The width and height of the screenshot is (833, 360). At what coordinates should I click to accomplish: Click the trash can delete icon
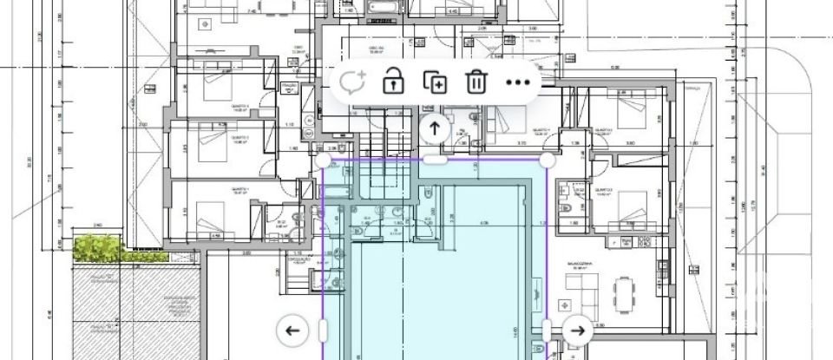[x=476, y=82]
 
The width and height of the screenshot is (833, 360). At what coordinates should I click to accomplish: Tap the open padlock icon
[x=394, y=82]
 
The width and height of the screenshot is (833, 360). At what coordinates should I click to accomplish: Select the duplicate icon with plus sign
[x=435, y=82]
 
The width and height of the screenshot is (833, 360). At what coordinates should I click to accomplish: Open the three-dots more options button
[x=517, y=82]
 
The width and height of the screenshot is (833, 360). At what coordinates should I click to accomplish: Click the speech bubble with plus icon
[x=351, y=82]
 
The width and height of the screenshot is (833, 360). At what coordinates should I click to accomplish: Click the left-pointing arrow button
[x=292, y=330]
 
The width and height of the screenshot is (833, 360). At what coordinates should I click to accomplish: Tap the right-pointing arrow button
[x=578, y=330]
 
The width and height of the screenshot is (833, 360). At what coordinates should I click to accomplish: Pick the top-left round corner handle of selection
[x=323, y=160]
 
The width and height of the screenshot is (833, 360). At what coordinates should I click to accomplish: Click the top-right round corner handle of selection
[x=548, y=160]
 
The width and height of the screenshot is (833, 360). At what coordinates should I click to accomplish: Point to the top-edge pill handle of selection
[x=435, y=160]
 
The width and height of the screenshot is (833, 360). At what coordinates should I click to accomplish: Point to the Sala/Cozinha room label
[x=579, y=262]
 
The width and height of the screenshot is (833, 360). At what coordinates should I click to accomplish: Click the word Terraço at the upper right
[x=692, y=87]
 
